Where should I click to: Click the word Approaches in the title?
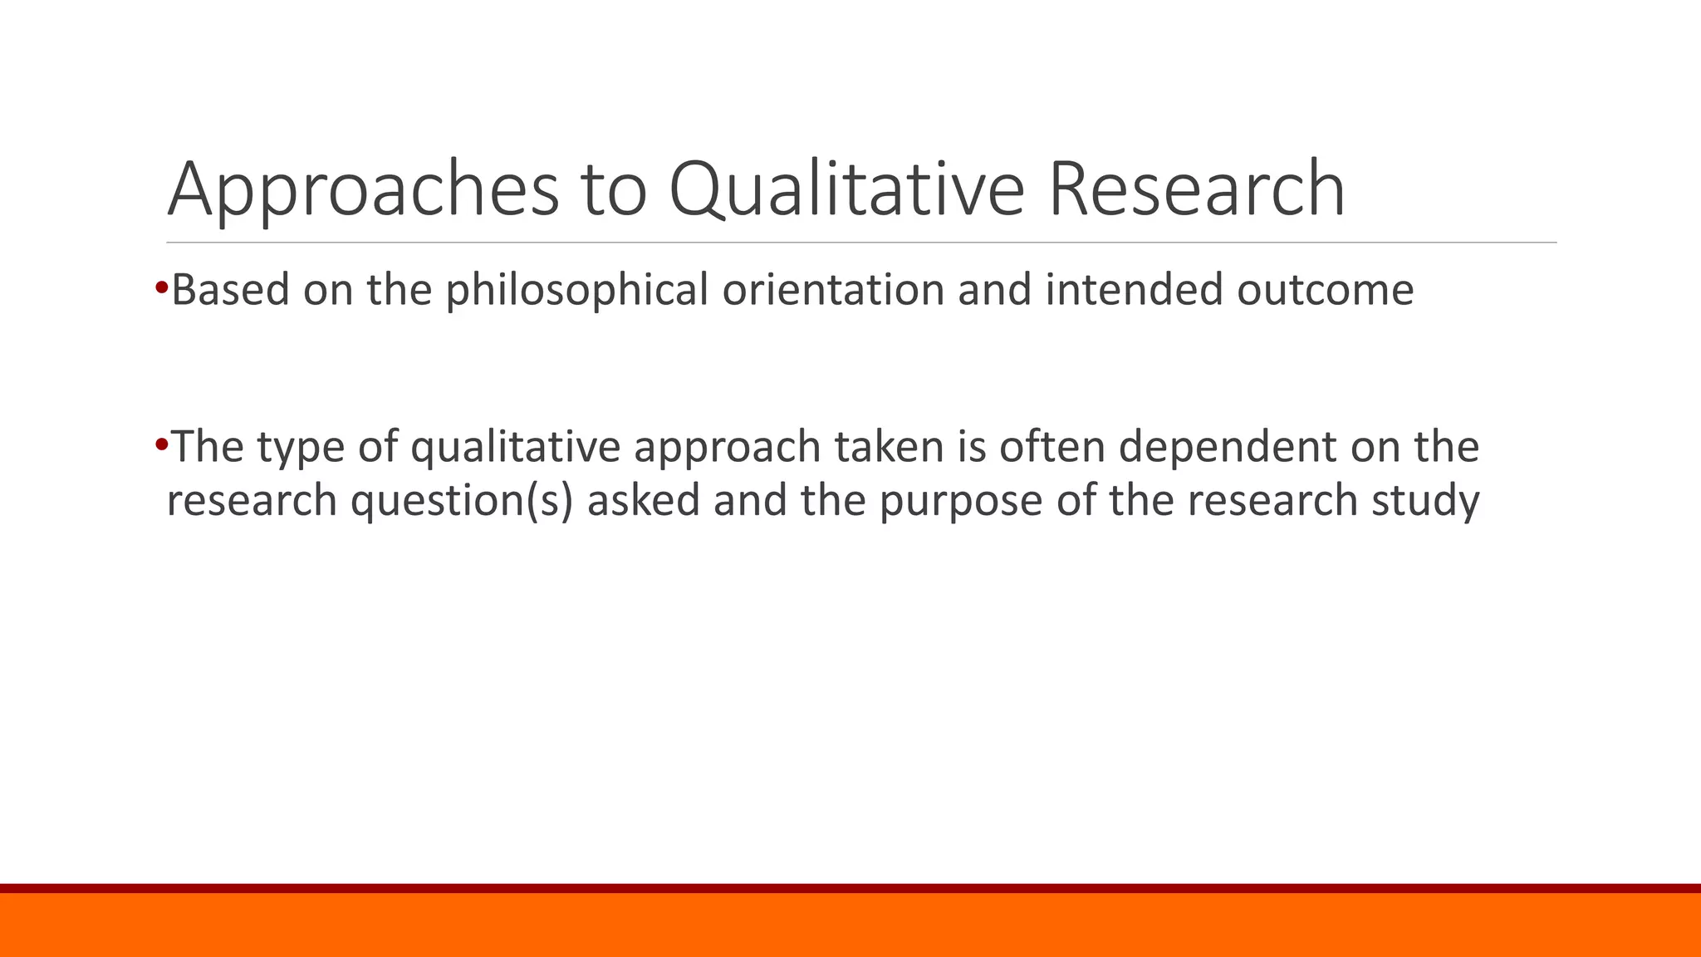(x=363, y=191)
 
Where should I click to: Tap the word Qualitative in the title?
(x=846, y=191)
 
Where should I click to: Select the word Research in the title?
(x=1196, y=189)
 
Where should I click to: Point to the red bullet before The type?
(x=161, y=443)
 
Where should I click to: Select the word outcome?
(x=1325, y=291)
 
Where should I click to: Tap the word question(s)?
(x=462, y=501)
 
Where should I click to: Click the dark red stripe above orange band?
(x=850, y=888)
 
